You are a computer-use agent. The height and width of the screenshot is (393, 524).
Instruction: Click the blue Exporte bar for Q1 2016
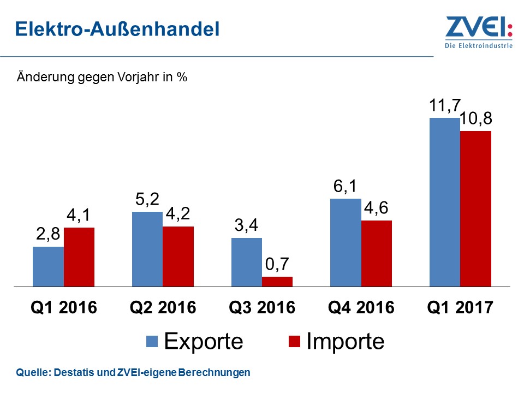coord(48,266)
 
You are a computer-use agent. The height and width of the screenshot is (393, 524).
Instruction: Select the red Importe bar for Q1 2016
coord(79,257)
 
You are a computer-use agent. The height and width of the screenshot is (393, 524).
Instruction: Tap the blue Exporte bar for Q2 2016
coord(147,249)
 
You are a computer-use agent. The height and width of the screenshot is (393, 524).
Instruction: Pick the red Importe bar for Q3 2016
coord(277,281)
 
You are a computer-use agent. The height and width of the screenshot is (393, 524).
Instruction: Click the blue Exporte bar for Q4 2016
coord(346,242)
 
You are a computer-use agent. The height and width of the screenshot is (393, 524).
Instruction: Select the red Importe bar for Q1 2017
coord(475,209)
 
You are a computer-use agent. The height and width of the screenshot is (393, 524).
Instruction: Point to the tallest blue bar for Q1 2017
coord(444,202)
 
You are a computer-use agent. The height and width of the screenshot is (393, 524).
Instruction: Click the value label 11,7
coord(445,106)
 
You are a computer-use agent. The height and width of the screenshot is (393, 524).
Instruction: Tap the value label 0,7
coord(277,264)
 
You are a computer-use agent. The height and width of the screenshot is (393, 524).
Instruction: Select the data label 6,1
coord(346,187)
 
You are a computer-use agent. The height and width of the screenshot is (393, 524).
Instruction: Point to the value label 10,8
coord(477,119)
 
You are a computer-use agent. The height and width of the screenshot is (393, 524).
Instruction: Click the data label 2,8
coord(48,235)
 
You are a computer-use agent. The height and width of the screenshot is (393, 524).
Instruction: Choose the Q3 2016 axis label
coord(262,307)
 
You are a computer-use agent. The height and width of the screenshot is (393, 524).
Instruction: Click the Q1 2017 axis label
coord(460,307)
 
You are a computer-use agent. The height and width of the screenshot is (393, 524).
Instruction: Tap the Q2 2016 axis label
coord(163,307)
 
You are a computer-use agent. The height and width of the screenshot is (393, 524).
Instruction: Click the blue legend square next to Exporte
coord(152,342)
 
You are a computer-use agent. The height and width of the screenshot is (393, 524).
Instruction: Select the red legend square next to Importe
coord(294,342)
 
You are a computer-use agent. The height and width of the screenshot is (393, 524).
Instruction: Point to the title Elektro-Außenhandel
coord(117,29)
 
